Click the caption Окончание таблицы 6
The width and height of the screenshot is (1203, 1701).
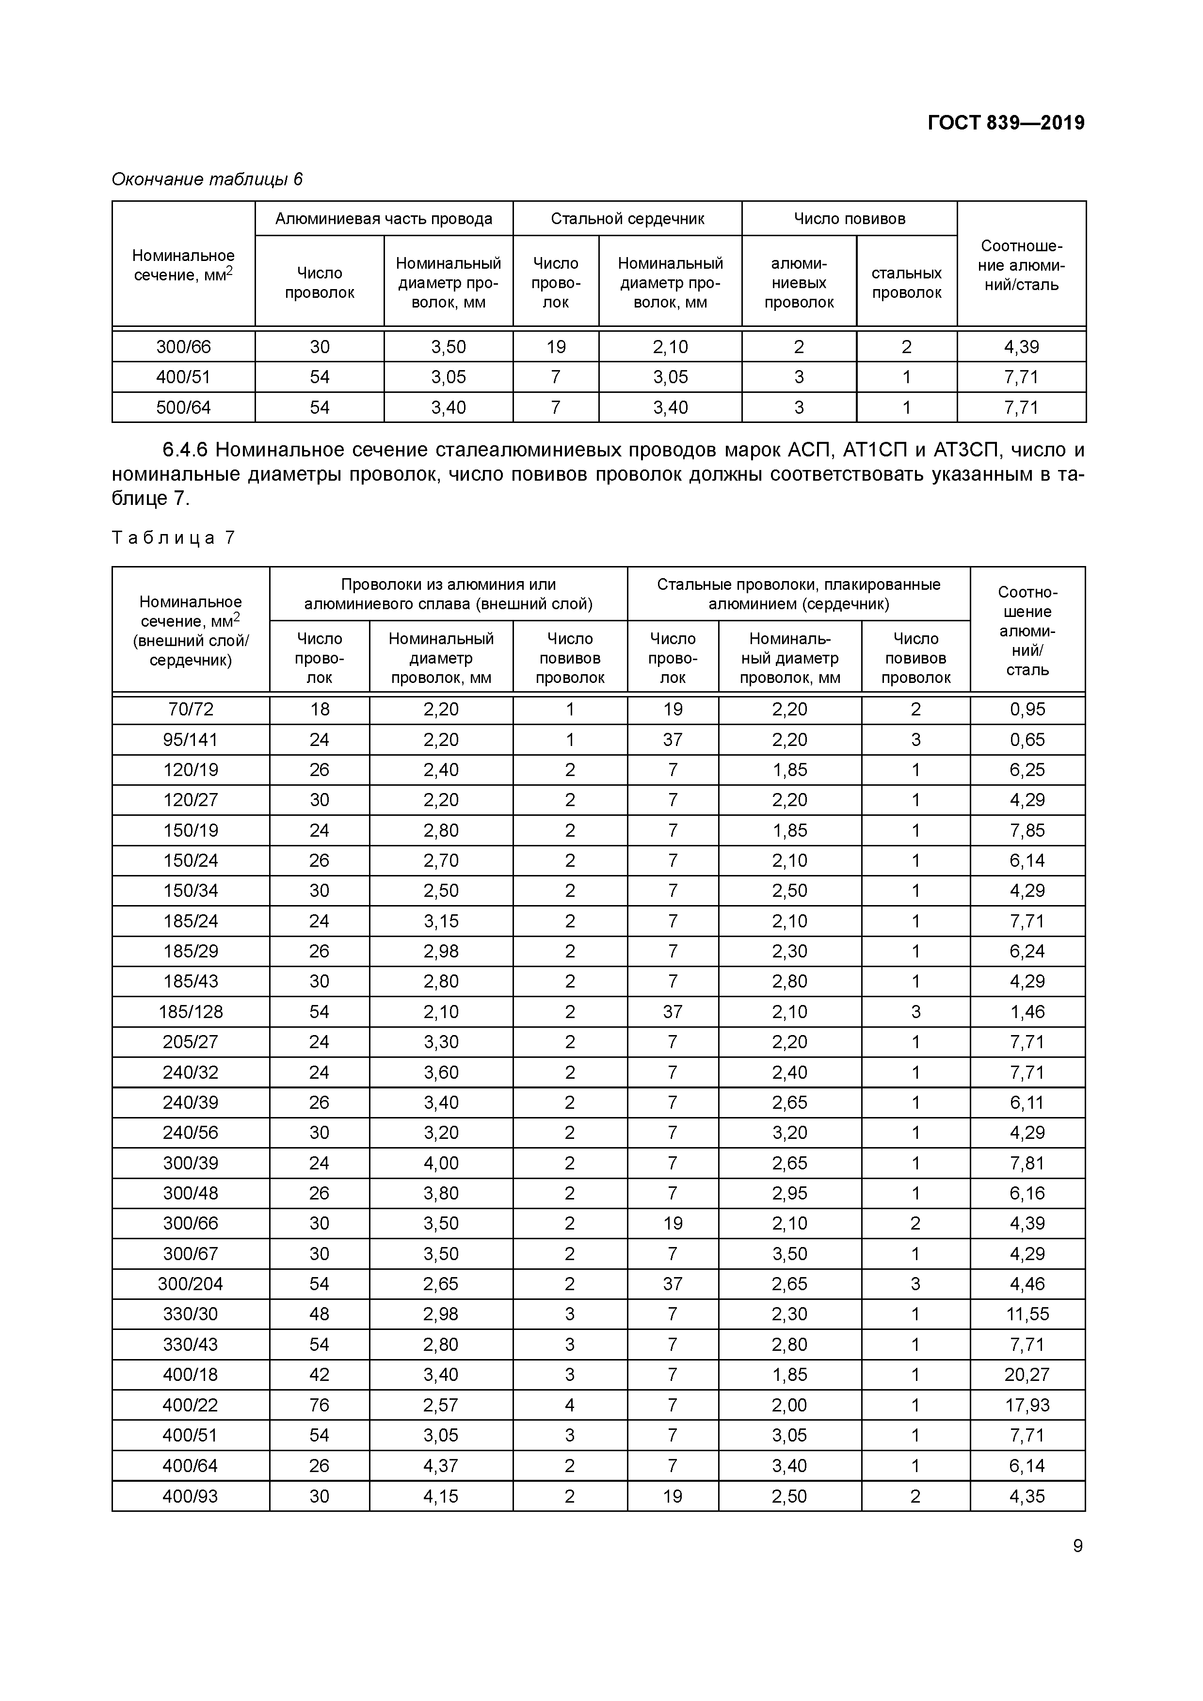(x=207, y=179)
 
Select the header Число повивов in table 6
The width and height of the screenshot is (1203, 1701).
(x=849, y=219)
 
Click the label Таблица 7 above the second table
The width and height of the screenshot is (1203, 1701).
(x=173, y=538)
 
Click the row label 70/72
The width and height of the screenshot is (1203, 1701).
(x=191, y=710)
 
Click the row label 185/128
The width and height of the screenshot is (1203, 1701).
(x=191, y=1012)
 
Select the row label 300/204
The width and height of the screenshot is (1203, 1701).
(x=191, y=1284)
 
